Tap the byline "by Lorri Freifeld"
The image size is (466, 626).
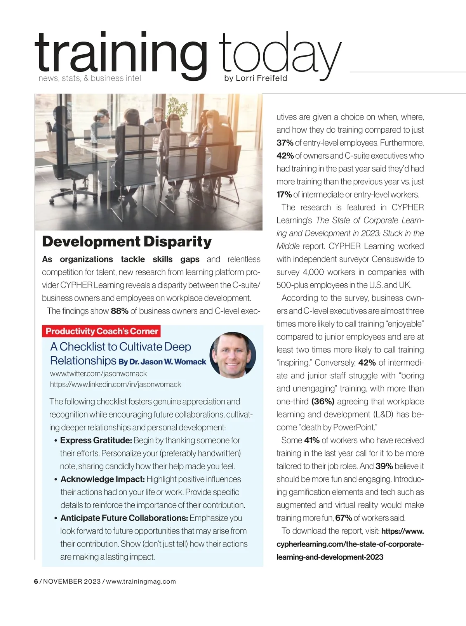(x=256, y=78)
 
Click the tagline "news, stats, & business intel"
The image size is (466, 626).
(x=90, y=78)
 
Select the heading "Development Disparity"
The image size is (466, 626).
(x=127, y=241)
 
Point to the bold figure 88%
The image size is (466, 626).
(x=119, y=311)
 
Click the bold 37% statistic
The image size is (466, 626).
(x=285, y=143)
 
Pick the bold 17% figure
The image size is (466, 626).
(x=284, y=194)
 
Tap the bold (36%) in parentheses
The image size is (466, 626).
(x=323, y=401)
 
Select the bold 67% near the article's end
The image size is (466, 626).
(x=343, y=518)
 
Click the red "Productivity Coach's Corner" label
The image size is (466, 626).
(x=102, y=331)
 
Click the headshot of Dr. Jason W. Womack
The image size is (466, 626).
(x=233, y=355)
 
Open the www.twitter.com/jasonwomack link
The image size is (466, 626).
(x=98, y=374)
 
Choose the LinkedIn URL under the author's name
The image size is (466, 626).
(x=115, y=385)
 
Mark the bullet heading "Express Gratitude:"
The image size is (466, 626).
(x=96, y=440)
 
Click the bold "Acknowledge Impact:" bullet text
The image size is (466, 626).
(x=103, y=479)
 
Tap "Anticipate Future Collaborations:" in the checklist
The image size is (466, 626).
(x=124, y=518)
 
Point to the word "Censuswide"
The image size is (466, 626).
(x=394, y=259)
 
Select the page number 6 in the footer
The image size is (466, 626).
(x=36, y=581)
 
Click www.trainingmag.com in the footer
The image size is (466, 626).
(x=141, y=581)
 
